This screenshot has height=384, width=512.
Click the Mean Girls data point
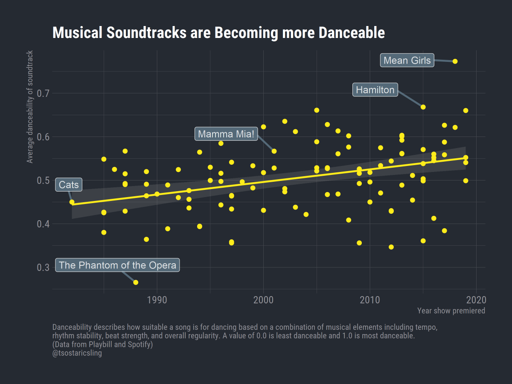(455, 61)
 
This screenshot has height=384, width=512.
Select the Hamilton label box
(375, 90)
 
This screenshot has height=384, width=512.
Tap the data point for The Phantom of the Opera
(136, 282)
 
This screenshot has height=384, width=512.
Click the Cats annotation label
(69, 185)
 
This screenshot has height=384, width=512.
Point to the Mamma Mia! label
(226, 134)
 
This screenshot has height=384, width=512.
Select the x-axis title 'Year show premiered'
(451, 311)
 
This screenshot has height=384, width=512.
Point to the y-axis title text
(30, 107)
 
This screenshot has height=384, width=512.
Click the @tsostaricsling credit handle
(77, 353)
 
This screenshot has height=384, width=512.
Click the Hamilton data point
(423, 107)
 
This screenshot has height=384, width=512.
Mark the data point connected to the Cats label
(72, 202)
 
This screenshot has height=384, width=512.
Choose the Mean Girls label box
(407, 61)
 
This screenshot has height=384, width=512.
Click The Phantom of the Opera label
(117, 265)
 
